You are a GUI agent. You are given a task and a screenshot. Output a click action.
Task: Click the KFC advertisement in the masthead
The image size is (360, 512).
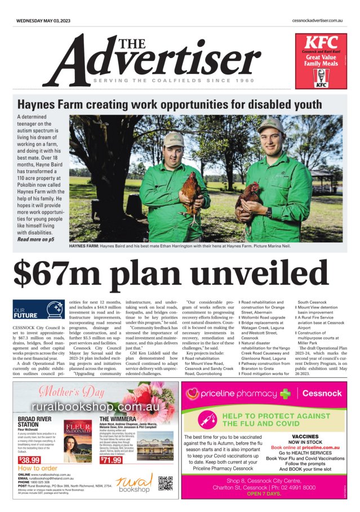click(321, 61)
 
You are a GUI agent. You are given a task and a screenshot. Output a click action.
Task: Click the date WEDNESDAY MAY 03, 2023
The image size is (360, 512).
click(43, 20)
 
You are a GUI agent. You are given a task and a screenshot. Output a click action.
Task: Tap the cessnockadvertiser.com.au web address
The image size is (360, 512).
click(318, 20)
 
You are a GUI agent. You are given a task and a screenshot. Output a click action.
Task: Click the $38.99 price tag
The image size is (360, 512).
click(29, 460)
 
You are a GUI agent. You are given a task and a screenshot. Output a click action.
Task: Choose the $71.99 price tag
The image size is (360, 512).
click(111, 460)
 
